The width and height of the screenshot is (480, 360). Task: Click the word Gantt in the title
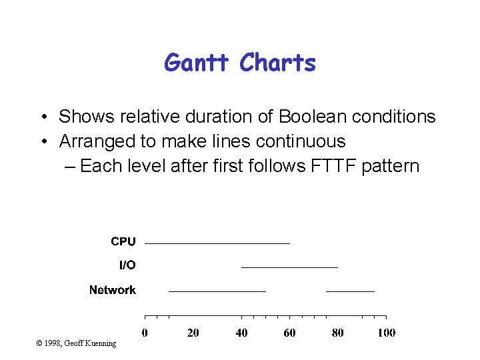[198, 63]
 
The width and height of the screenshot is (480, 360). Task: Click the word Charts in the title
[277, 63]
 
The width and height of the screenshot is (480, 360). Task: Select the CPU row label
[123, 241]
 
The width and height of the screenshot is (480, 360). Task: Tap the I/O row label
[127, 265]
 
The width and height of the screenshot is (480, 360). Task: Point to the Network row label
[113, 290]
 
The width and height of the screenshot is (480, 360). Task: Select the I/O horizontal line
[289, 267]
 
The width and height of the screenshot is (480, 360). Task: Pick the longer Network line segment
[217, 291]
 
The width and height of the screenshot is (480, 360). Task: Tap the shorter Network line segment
[350, 291]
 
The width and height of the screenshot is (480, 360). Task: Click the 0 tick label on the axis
[145, 333]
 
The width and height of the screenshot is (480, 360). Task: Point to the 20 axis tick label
[193, 333]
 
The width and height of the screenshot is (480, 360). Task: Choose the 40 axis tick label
[241, 333]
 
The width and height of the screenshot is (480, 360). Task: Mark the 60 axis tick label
[289, 333]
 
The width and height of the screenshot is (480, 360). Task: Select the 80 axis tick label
[338, 333]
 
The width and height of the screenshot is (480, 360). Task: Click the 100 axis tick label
[386, 333]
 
